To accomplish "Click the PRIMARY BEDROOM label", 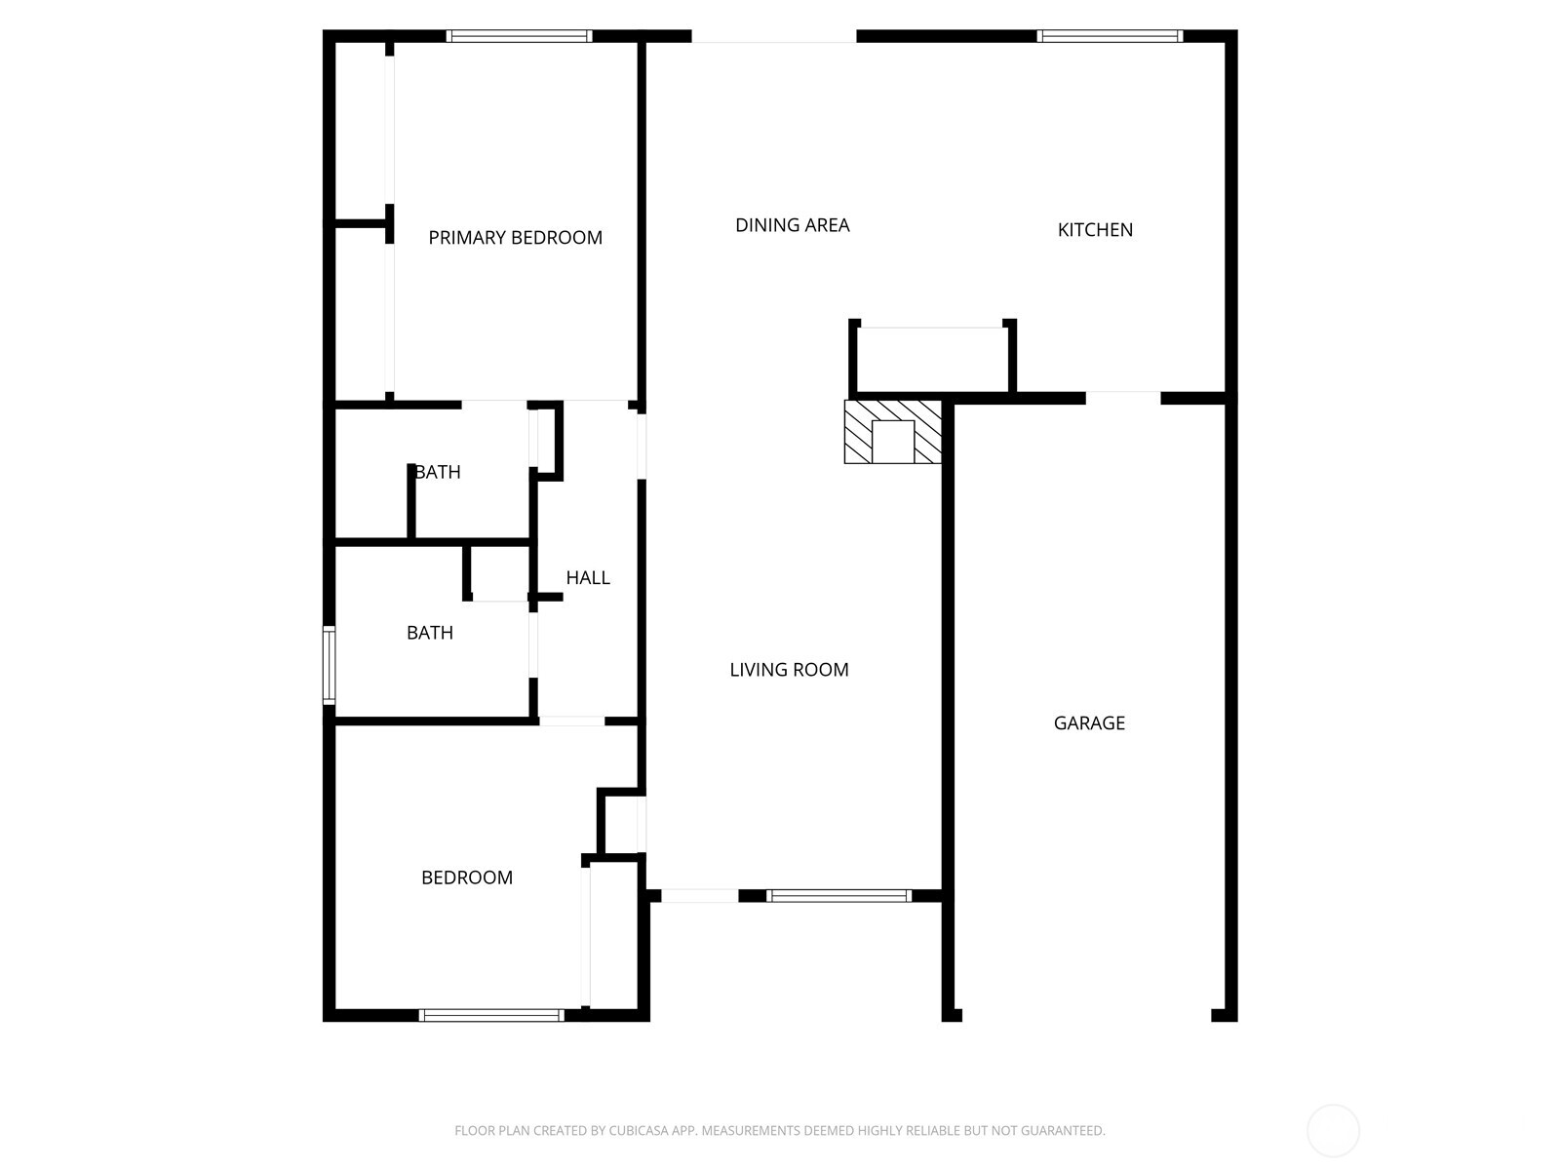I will (x=515, y=238).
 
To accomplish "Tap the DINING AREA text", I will (x=792, y=225).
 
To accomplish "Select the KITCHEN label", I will (x=1095, y=230).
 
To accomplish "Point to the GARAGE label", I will (x=1089, y=723).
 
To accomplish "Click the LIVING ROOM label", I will (x=789, y=670).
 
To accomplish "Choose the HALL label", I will (x=588, y=578).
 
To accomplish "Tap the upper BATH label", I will (x=438, y=472).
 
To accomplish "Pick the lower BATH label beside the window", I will (x=429, y=633).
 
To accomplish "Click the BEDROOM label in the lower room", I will (x=466, y=877).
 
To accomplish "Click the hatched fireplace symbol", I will (x=892, y=431).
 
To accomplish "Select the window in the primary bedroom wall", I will (x=519, y=37).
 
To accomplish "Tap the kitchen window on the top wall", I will (x=1110, y=37).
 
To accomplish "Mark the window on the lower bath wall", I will (x=330, y=665).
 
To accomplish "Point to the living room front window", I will (x=838, y=896).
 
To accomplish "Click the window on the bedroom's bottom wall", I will (x=491, y=1015).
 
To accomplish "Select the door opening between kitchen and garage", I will (x=1123, y=398).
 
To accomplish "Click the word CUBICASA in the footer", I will (x=639, y=1131).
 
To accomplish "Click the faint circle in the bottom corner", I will (x=1333, y=1131).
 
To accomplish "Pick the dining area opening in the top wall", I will (x=774, y=37).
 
